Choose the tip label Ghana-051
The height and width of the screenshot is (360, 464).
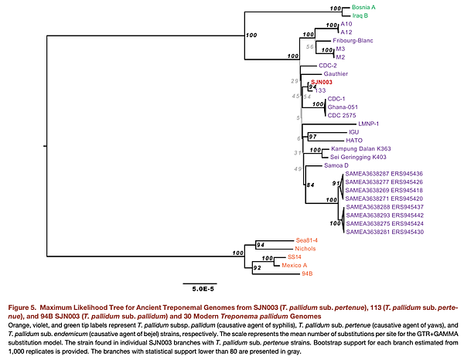(343, 107)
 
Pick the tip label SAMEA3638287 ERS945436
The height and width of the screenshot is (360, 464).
(384, 174)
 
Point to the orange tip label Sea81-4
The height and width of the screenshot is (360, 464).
(308, 239)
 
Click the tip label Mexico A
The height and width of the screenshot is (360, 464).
(295, 265)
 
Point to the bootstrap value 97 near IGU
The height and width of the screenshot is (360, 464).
(313, 136)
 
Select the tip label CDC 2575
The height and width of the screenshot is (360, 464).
(343, 115)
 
